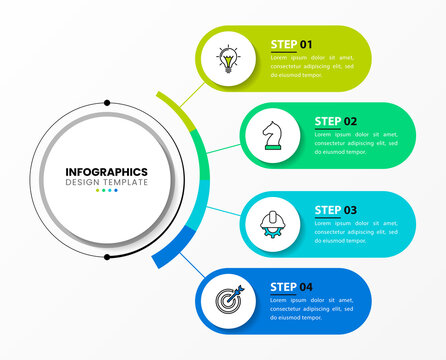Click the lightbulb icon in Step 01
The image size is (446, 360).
(229, 57)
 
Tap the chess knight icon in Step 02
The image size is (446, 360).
(271, 135)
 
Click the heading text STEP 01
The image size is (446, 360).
(291, 44)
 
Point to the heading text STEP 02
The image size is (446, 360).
(336, 121)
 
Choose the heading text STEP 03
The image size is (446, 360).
(336, 209)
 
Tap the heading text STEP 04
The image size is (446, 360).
(291, 287)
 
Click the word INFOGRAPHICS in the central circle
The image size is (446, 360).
(106, 172)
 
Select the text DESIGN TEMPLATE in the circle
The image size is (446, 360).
(106, 183)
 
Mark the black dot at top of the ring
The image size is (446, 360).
(107, 102)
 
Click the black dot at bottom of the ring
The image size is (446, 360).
(107, 257)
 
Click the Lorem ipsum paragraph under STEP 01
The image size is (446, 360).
(312, 65)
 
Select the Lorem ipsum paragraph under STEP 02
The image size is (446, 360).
(356, 143)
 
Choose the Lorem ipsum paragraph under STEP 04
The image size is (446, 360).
(312, 309)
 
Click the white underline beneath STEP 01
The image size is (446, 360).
(291, 52)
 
